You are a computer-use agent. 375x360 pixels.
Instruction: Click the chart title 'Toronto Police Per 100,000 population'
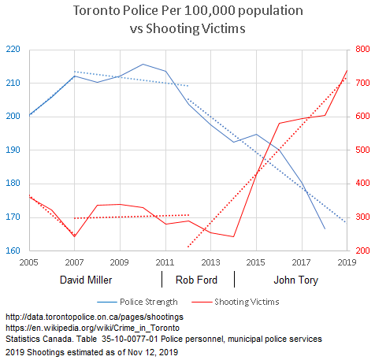(x=186, y=12)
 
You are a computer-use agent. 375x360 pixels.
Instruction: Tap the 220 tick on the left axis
(x=13, y=49)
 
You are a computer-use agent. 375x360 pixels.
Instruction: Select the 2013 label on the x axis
(x=210, y=261)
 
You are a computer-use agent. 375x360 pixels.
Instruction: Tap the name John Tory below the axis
(x=295, y=280)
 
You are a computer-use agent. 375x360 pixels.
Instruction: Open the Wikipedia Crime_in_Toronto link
(x=92, y=327)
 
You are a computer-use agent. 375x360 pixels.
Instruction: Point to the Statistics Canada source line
(x=163, y=338)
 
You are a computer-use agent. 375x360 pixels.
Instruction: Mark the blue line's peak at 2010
(x=143, y=65)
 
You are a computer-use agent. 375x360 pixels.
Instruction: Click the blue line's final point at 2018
(x=324, y=229)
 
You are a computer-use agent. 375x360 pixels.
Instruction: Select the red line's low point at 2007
(x=74, y=236)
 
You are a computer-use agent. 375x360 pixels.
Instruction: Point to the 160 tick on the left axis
(x=13, y=251)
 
